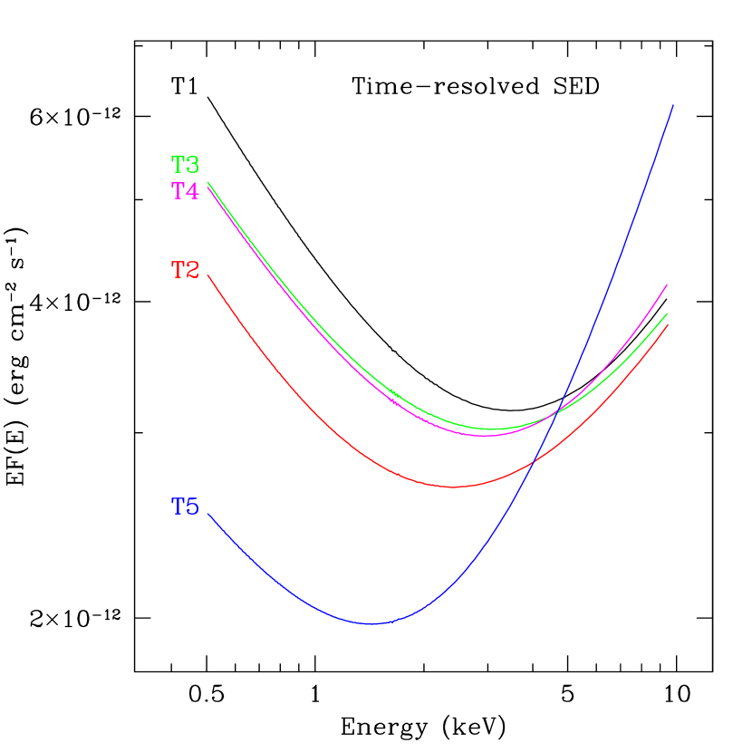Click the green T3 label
tap(185, 165)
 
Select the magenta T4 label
tap(185, 191)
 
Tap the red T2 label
tap(185, 270)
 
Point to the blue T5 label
tap(185, 507)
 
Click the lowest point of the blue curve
tap(371, 623)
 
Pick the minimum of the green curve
tap(495, 429)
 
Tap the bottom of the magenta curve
tap(486, 436)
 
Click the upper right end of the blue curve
tap(673, 105)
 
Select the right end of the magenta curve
tap(667, 284)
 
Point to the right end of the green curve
tap(667, 313)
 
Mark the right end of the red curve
tap(667, 324)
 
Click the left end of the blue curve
tap(208, 514)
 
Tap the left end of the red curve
tap(208, 275)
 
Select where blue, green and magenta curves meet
tap(554, 414)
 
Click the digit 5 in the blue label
tap(192, 507)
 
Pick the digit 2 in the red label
tap(192, 270)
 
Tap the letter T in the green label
tap(178, 165)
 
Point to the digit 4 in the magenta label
tap(192, 191)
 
